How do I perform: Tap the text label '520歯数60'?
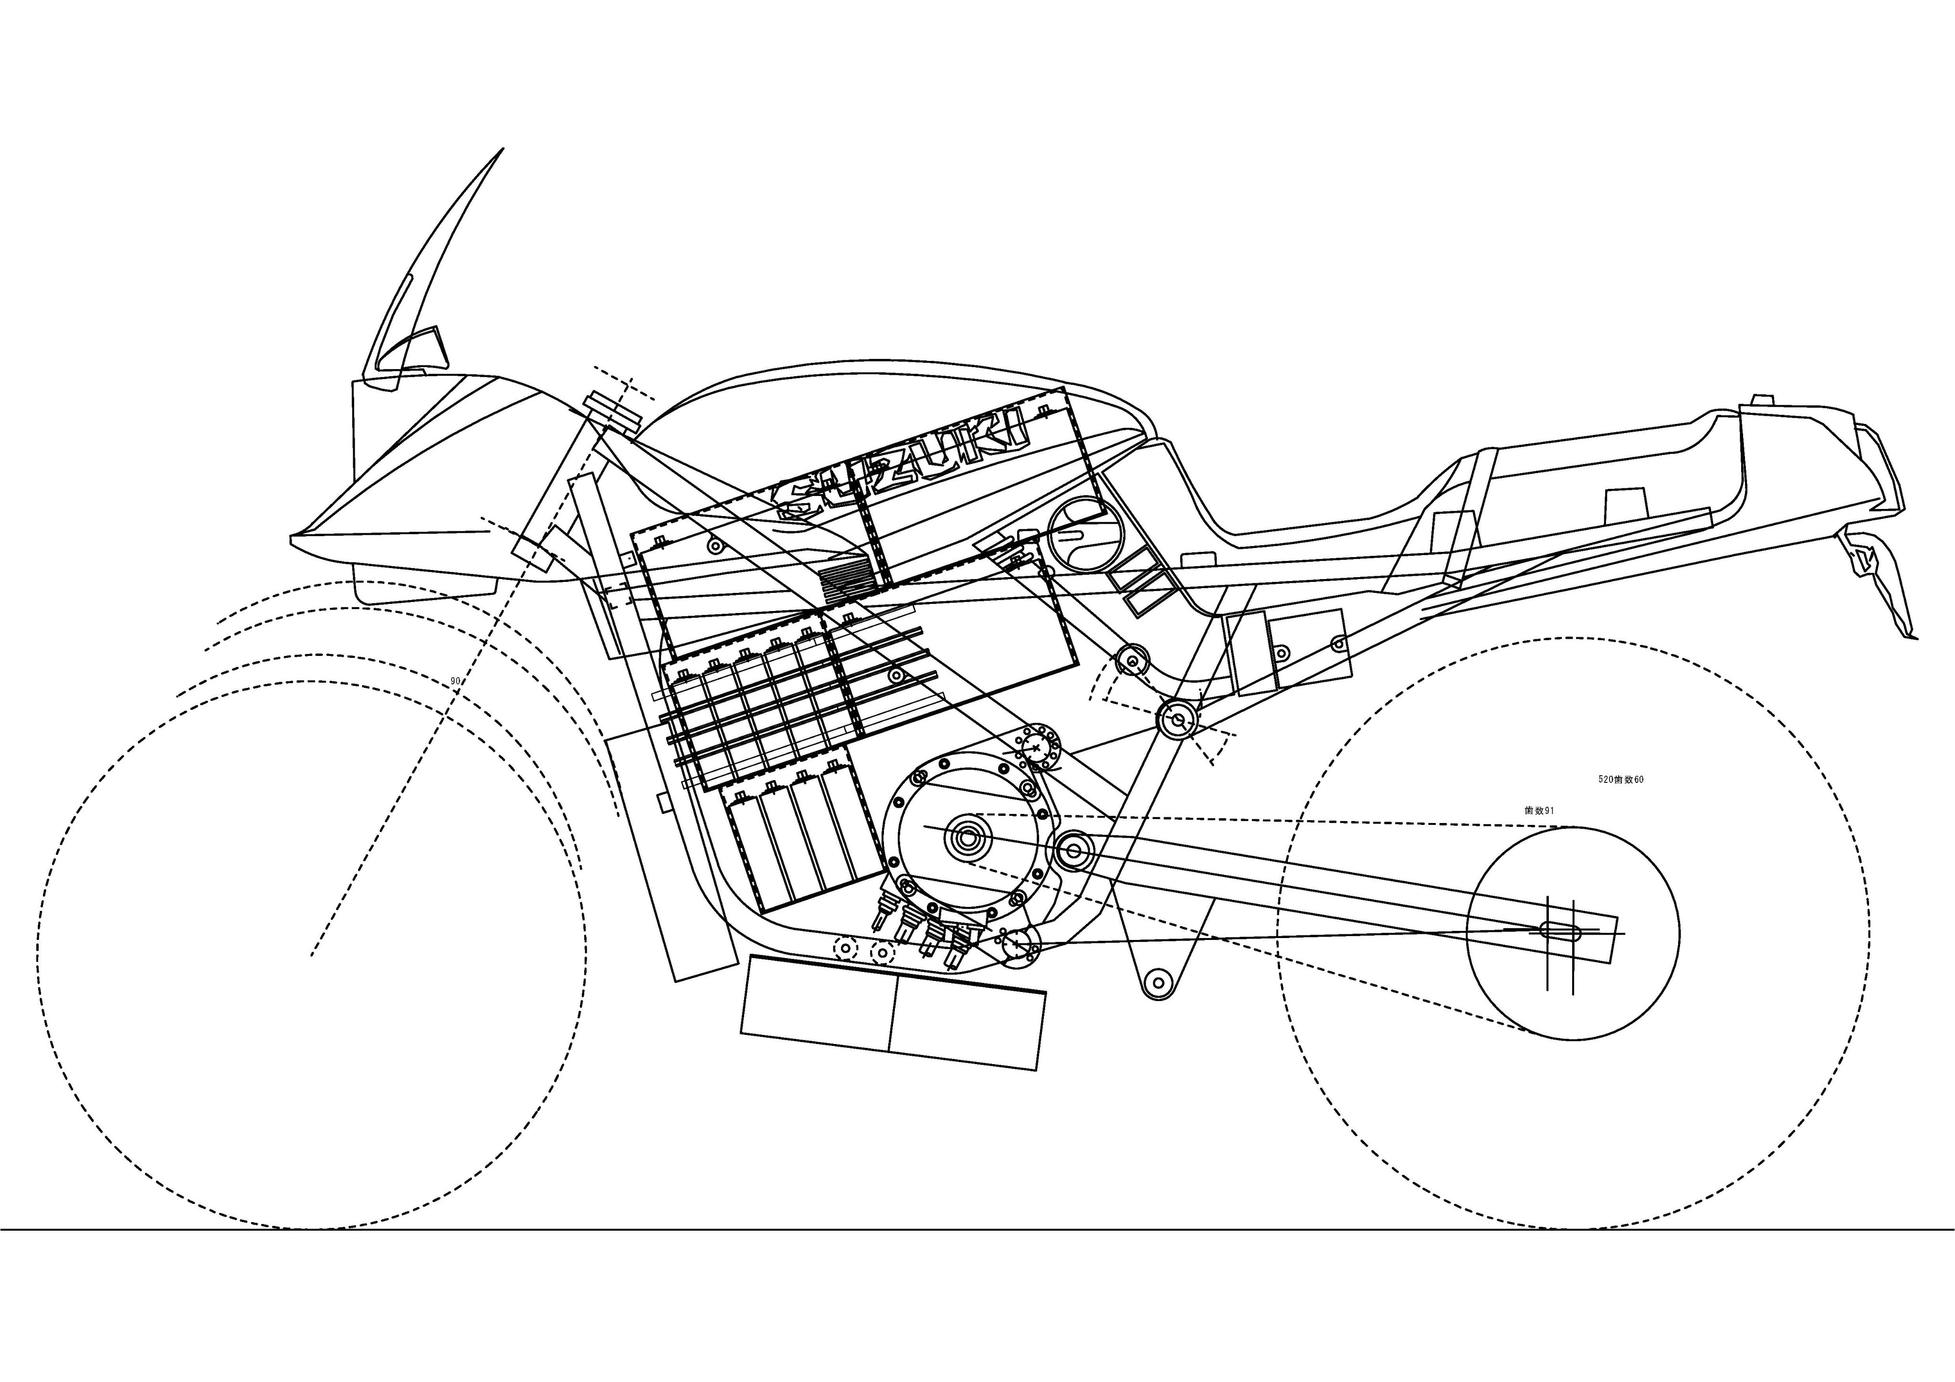tap(1620, 779)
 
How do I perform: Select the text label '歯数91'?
tap(1539, 811)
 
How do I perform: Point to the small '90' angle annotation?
tap(455, 681)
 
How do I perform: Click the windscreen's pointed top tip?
tap(502, 150)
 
